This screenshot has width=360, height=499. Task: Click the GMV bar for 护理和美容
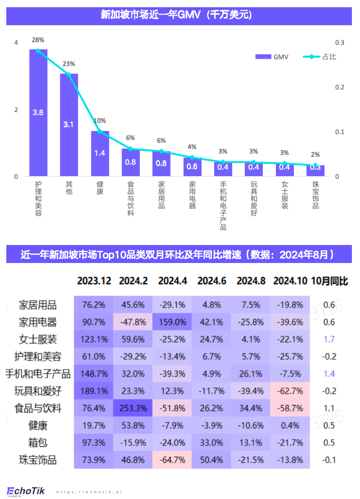click(x=38, y=113)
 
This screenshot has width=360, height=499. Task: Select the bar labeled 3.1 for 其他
click(x=69, y=125)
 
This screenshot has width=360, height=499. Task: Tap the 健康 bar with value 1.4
click(x=100, y=153)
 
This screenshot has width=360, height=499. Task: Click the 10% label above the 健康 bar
click(x=100, y=121)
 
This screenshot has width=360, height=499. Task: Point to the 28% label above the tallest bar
click(x=38, y=40)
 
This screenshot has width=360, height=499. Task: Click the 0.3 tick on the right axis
click(x=340, y=42)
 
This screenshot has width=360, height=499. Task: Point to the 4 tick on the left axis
click(x=16, y=42)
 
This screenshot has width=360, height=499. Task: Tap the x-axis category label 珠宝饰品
click(x=315, y=195)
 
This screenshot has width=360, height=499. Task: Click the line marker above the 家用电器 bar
click(x=192, y=158)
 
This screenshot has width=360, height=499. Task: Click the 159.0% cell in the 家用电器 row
click(x=172, y=322)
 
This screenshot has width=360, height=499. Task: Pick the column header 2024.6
click(x=211, y=281)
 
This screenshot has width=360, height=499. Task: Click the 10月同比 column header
click(x=329, y=281)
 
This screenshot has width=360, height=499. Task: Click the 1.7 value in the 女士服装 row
click(x=329, y=339)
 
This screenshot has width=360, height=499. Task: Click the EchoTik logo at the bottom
click(x=26, y=491)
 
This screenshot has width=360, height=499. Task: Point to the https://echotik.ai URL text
click(x=89, y=492)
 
